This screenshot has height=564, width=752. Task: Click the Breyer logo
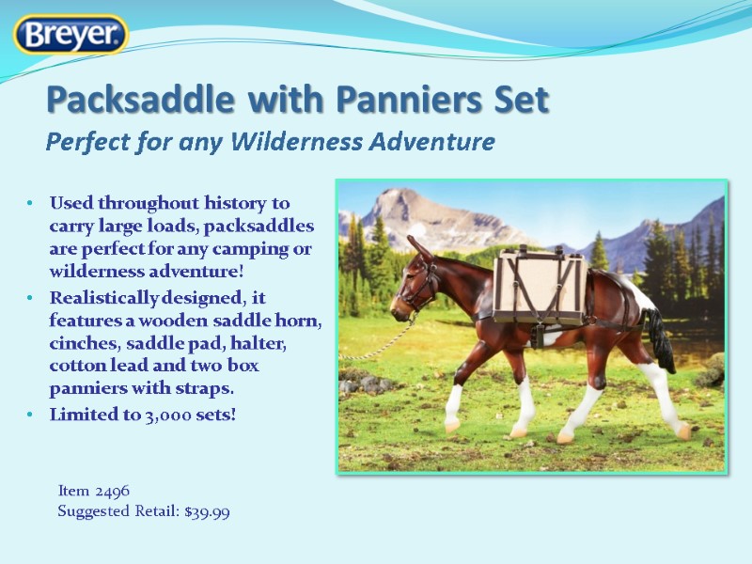pos(70,35)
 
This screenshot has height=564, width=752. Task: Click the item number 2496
pos(111,491)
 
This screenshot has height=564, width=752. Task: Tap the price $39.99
pos(208,511)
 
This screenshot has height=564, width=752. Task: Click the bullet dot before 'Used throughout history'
pos(31,204)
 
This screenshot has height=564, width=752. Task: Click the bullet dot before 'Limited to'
pos(31,415)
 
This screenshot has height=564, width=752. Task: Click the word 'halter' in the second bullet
pos(257,343)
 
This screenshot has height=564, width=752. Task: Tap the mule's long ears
pos(419,248)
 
